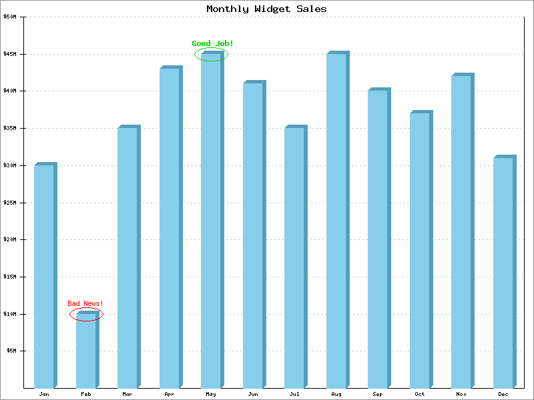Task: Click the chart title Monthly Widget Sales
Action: click(x=266, y=9)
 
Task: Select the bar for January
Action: click(x=44, y=276)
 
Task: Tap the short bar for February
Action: click(x=86, y=353)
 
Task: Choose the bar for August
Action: click(x=336, y=221)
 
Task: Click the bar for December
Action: click(x=503, y=273)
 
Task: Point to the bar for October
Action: click(x=420, y=251)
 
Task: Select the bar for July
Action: click(x=294, y=257)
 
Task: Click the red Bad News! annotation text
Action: click(x=85, y=304)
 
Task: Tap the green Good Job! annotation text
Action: click(x=212, y=44)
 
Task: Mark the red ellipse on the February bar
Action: click(x=86, y=315)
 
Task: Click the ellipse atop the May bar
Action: click(x=211, y=55)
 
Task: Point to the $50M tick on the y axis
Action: click(x=11, y=17)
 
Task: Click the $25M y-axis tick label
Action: click(x=11, y=203)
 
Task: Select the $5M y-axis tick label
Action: click(x=12, y=351)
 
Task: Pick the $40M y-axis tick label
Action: click(x=11, y=91)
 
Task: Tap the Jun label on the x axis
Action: click(x=253, y=394)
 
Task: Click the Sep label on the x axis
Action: click(x=378, y=394)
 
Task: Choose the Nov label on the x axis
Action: click(x=461, y=394)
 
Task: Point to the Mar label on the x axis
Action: click(x=127, y=394)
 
